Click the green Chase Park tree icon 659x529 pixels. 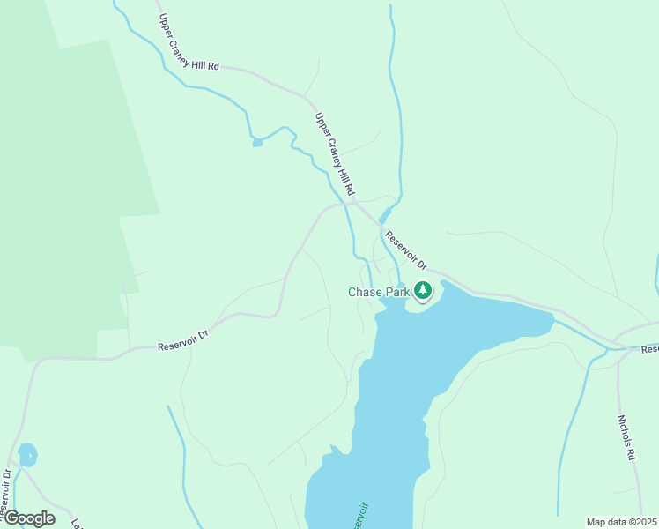pyautogui.click(x=423, y=290)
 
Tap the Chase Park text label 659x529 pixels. pyautogui.click(x=380, y=292)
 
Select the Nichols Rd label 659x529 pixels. pyautogui.click(x=626, y=438)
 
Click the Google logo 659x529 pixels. pyautogui.click(x=28, y=518)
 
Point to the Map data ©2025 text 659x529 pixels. pyautogui.click(x=621, y=522)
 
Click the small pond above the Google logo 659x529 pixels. pyautogui.click(x=27, y=455)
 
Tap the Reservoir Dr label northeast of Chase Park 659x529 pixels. pyautogui.click(x=405, y=250)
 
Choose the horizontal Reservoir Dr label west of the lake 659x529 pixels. pyautogui.click(x=182, y=340)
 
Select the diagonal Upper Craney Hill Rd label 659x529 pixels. pyautogui.click(x=335, y=154)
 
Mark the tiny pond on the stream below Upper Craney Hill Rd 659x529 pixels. pyautogui.click(x=257, y=142)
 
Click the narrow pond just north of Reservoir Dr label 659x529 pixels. pyautogui.click(x=384, y=216)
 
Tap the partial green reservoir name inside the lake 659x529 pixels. pyautogui.click(x=359, y=516)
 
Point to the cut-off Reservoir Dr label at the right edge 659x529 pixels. pyautogui.click(x=650, y=350)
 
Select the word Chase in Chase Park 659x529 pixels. pyautogui.click(x=364, y=292)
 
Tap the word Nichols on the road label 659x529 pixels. pyautogui.click(x=625, y=431)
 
